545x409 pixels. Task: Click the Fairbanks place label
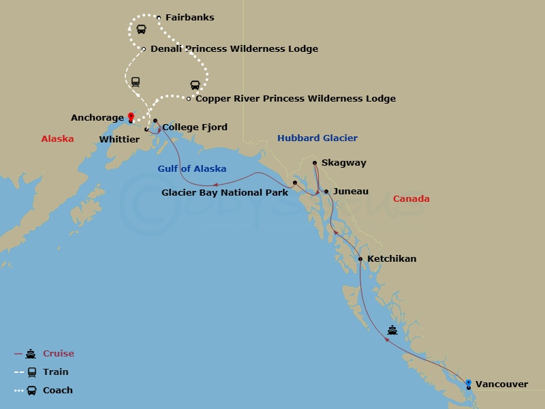click(x=189, y=18)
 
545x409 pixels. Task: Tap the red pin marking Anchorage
click(x=131, y=117)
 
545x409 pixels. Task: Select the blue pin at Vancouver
click(x=468, y=383)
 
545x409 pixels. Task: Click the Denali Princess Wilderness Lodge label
click(x=234, y=49)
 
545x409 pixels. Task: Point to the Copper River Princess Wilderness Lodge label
click(x=295, y=99)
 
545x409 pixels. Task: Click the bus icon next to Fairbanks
click(x=141, y=29)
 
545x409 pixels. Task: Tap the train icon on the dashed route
click(x=136, y=81)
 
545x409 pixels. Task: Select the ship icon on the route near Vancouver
click(x=392, y=330)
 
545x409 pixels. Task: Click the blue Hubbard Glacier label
click(x=317, y=138)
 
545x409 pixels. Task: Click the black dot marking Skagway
click(x=314, y=163)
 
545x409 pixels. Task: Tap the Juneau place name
click(x=350, y=192)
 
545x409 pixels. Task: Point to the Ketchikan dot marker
click(x=360, y=259)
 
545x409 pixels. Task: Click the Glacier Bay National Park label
click(x=224, y=193)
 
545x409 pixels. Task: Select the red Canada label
click(x=411, y=199)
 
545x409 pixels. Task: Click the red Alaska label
click(x=57, y=138)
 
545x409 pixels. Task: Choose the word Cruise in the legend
click(x=58, y=354)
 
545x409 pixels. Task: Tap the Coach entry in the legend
click(x=57, y=391)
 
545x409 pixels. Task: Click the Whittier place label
click(x=119, y=140)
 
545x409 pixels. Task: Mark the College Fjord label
click(x=194, y=127)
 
